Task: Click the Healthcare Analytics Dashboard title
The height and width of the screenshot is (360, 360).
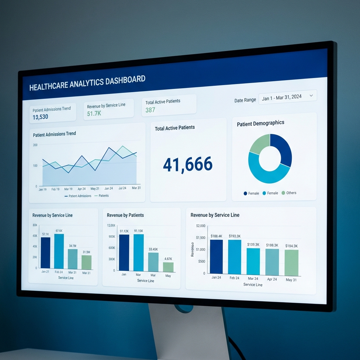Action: coord(87,83)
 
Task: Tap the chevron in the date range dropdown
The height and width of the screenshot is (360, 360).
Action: coord(311,95)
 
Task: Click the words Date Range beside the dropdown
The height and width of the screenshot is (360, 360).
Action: coord(245,100)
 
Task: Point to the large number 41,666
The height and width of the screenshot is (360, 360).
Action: coord(188,164)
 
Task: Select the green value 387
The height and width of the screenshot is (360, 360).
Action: coord(150,110)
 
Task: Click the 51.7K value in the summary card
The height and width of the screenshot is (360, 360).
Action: coord(94,113)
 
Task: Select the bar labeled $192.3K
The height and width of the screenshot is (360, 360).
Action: coord(234,257)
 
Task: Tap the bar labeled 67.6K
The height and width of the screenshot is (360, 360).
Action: coord(59,251)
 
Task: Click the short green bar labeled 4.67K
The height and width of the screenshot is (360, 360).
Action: coord(168,267)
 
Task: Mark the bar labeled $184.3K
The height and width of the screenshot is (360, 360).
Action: coord(291,263)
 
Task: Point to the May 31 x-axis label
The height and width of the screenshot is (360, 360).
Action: coord(291,280)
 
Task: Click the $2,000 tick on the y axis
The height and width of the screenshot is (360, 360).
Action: coord(201,226)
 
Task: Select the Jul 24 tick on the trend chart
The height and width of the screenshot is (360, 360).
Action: coord(122,188)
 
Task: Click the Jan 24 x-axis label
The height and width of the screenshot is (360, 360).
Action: coord(216,278)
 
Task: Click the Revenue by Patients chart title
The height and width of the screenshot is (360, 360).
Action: coord(125,215)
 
